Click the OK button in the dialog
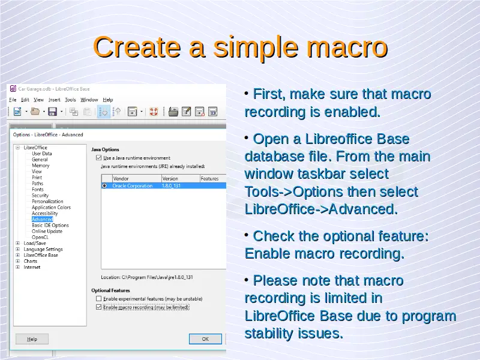(205, 339)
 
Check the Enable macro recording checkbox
(98, 307)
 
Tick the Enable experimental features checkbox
(98, 298)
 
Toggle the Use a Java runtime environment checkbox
(98, 158)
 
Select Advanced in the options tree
(42, 219)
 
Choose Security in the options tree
(40, 196)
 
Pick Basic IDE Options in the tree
(50, 226)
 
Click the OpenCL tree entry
(40, 237)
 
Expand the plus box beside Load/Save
(18, 243)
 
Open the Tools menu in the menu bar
(70, 100)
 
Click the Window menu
(89, 100)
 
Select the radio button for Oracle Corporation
(104, 186)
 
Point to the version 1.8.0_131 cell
(171, 186)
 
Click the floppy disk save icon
(52, 112)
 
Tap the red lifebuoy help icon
(154, 112)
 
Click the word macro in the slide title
(347, 47)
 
